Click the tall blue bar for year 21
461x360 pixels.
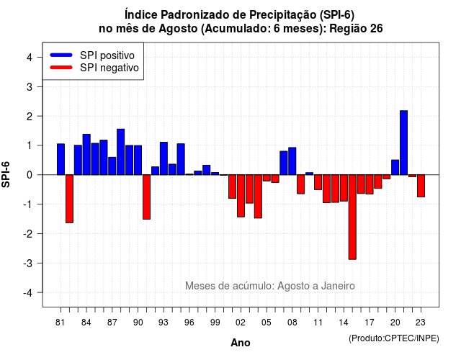point(403,143)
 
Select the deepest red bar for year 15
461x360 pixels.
point(352,217)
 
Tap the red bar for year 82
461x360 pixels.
point(69,199)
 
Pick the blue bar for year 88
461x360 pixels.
point(120,152)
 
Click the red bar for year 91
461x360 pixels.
point(146,197)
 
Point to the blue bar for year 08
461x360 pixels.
point(292,161)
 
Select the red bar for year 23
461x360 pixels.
point(421,186)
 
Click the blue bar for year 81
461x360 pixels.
point(61,159)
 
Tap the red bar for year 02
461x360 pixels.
point(241,196)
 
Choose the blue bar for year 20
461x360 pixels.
point(395,167)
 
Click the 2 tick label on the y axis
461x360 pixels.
point(30,117)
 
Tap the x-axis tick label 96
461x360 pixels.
point(189,323)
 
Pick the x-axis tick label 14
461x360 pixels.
point(343,323)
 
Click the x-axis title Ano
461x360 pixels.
point(241,343)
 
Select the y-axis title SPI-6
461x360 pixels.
point(6,174)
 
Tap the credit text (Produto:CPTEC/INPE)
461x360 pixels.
point(394,338)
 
